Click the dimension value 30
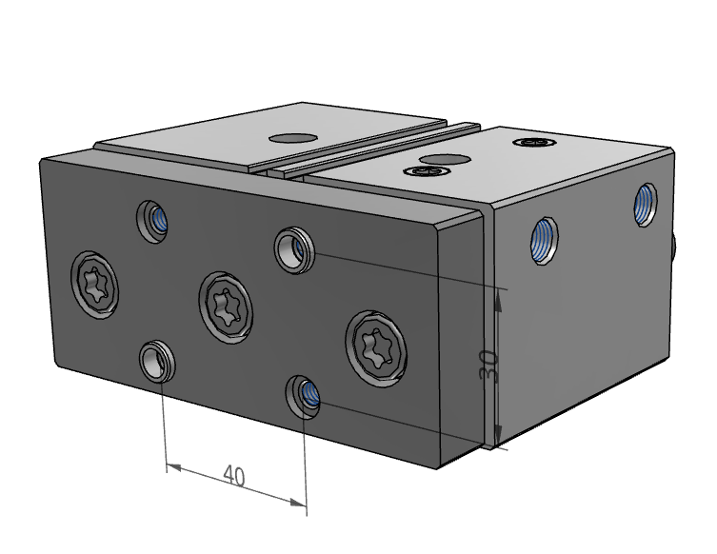(489, 365)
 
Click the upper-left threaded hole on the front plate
(152, 220)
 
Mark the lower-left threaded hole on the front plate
(155, 361)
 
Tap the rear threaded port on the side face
(646, 203)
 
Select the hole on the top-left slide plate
(292, 136)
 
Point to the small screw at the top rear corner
(531, 143)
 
